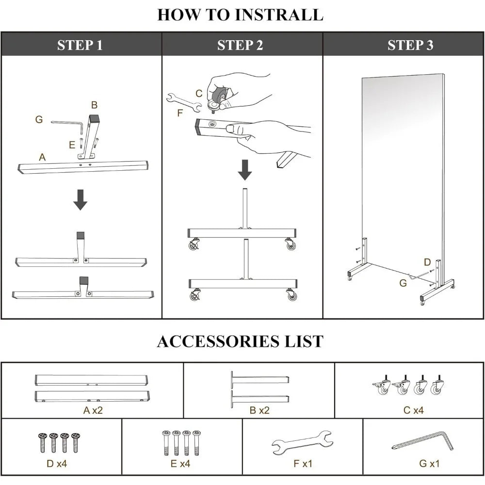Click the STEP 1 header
pyautogui.click(x=80, y=45)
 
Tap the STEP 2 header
pyautogui.click(x=240, y=45)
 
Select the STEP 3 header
pyautogui.click(x=410, y=45)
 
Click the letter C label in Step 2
pyautogui.click(x=199, y=93)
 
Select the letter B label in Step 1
pyautogui.click(x=95, y=105)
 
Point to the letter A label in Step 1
pyautogui.click(x=42, y=157)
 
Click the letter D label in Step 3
pyautogui.click(x=427, y=262)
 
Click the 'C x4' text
pyautogui.click(x=413, y=410)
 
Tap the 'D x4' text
pyautogui.click(x=56, y=464)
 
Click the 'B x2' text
pyautogui.click(x=259, y=410)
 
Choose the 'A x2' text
pyautogui.click(x=93, y=410)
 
